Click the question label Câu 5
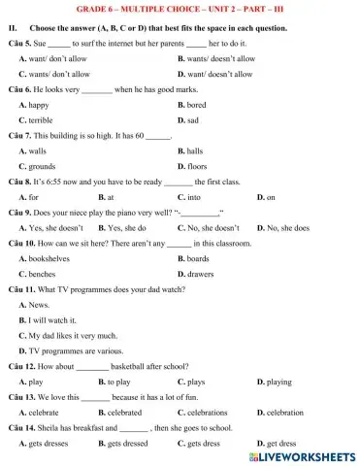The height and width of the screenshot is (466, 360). point(19,44)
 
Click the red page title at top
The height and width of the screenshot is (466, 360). point(180,8)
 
